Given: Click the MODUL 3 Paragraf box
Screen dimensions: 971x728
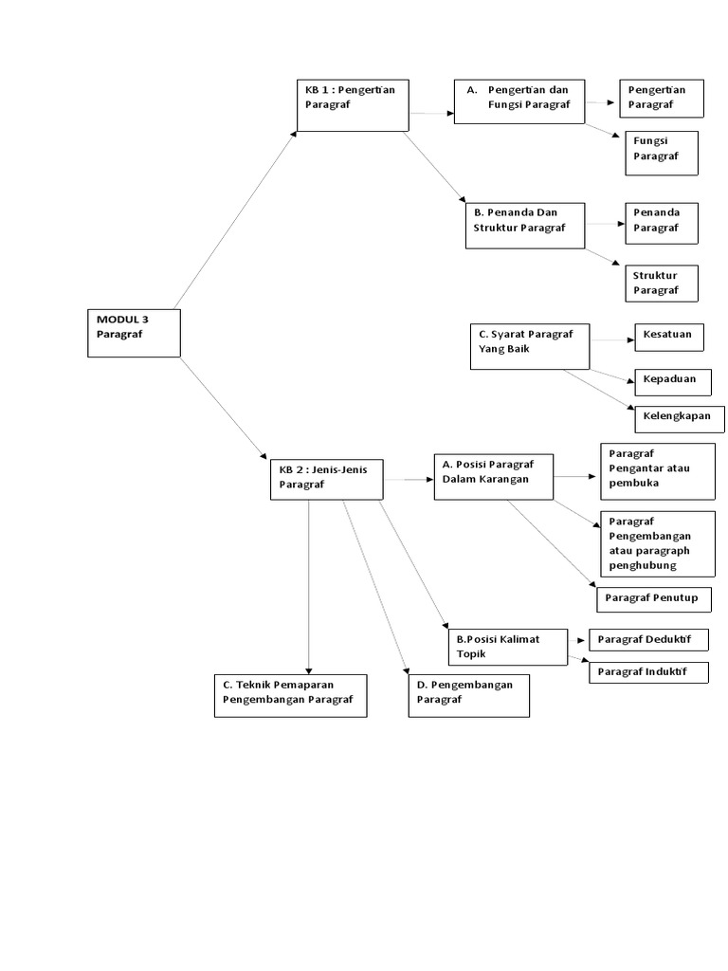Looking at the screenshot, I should (x=134, y=333).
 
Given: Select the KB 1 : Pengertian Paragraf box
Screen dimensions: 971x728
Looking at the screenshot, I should (x=352, y=103).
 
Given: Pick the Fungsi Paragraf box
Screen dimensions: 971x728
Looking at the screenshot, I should (x=662, y=153).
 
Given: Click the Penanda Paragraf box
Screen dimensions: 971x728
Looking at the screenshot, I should (x=662, y=221).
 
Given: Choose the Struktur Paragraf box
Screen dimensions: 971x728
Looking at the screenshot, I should (x=662, y=283).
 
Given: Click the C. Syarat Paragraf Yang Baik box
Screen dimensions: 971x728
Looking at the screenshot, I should (x=529, y=345).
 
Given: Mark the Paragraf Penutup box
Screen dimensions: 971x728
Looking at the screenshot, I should (x=653, y=599).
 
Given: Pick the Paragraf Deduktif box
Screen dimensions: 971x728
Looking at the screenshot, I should (x=648, y=640).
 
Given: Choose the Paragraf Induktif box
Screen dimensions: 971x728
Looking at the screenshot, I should (x=648, y=672).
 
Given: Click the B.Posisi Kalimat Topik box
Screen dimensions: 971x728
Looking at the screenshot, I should (x=507, y=647).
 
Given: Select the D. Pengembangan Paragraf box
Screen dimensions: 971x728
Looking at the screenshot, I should (x=468, y=695).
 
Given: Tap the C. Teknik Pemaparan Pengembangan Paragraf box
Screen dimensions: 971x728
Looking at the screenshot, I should (x=290, y=695).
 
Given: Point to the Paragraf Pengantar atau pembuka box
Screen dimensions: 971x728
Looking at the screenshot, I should (x=657, y=470).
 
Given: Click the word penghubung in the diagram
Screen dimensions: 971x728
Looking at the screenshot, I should (x=643, y=565).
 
